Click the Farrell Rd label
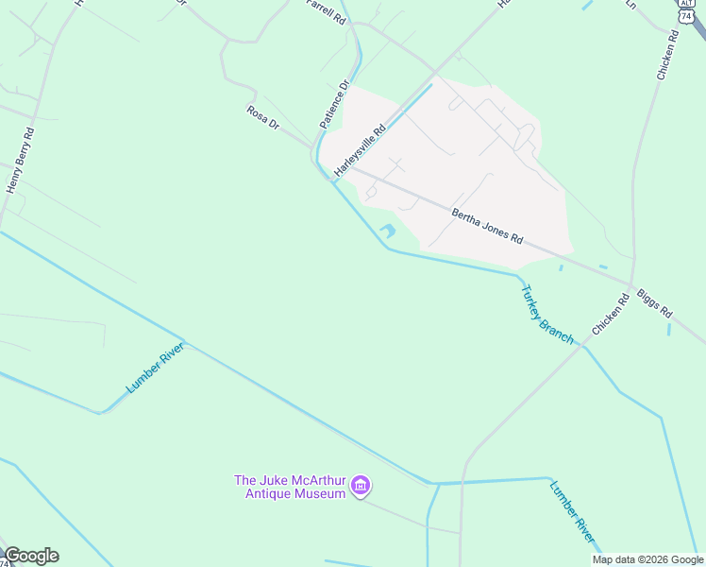tap(327, 10)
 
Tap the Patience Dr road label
tap(334, 105)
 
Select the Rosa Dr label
tap(263, 118)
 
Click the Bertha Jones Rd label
tap(486, 226)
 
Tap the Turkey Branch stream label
tap(547, 314)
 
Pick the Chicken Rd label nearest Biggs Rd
tap(611, 316)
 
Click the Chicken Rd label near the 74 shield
tap(665, 56)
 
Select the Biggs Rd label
tap(655, 303)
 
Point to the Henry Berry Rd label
tap(21, 161)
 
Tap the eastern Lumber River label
tap(573, 511)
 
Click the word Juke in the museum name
tap(279, 480)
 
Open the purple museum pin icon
tap(360, 487)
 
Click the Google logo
tap(31, 556)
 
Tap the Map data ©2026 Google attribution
tap(647, 559)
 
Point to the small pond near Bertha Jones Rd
tap(388, 231)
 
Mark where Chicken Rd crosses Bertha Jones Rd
tap(630, 282)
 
